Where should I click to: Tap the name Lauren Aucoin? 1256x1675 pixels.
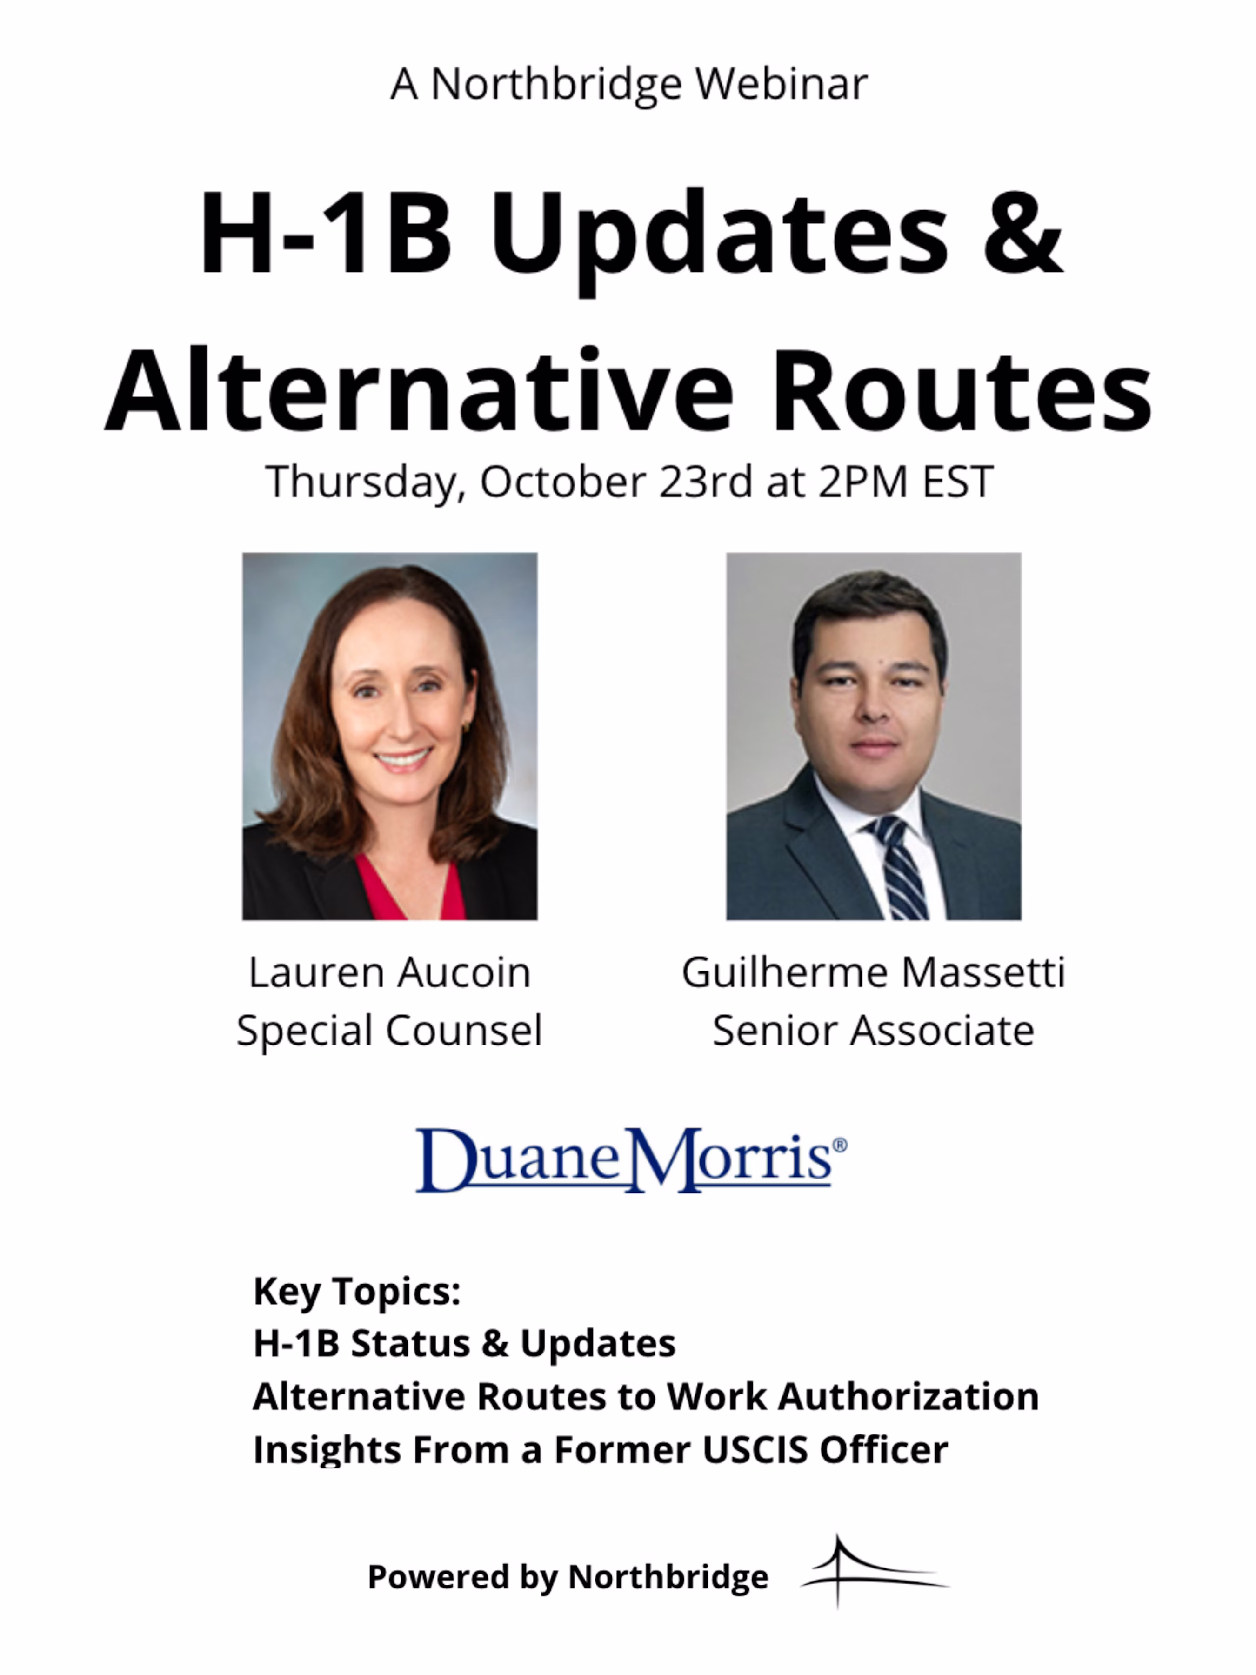[x=389, y=972]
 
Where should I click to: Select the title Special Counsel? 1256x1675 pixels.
[x=389, y=1031]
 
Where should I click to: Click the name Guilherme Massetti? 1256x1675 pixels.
[x=873, y=972]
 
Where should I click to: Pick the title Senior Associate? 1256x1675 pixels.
[x=873, y=1031]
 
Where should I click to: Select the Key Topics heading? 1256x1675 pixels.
[x=357, y=1291]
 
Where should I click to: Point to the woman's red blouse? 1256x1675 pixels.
[x=409, y=890]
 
